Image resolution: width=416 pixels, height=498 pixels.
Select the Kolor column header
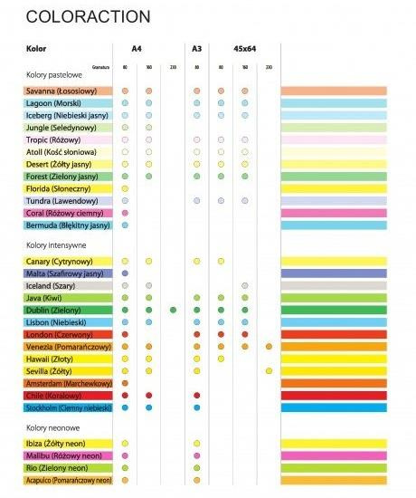tap(37, 48)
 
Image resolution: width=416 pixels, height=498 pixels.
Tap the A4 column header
tap(137, 48)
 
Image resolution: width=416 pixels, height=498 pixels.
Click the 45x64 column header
tap(244, 48)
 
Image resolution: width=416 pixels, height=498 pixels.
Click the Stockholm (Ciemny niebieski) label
tap(67, 407)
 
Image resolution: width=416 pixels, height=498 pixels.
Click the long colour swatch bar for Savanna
tap(334, 91)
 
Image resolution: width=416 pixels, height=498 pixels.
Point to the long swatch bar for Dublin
tap(334, 310)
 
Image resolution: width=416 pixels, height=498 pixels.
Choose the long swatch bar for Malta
tap(334, 273)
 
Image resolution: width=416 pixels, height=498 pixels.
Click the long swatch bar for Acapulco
tap(334, 481)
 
